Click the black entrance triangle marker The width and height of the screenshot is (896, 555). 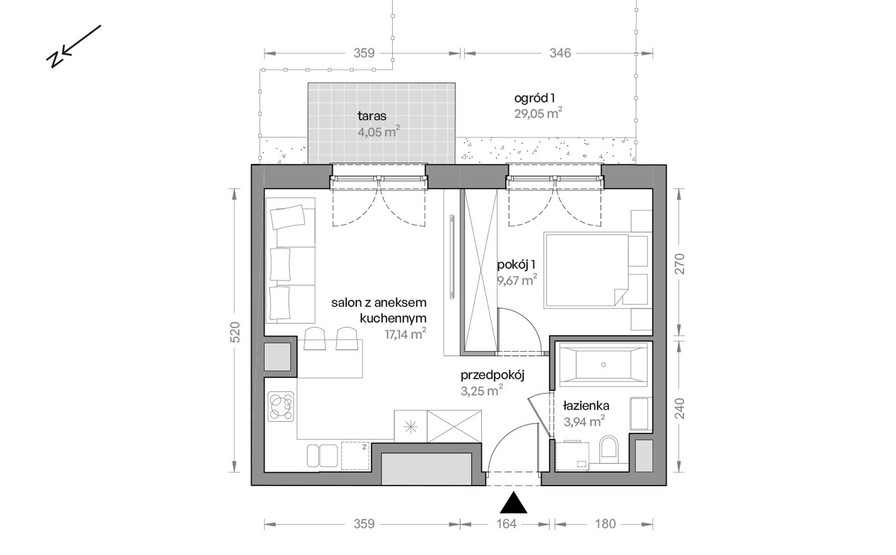pos(513,503)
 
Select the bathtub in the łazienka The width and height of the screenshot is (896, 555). pos(603,364)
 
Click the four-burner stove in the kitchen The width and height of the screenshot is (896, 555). pos(281,407)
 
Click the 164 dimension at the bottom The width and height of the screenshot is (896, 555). pos(506,524)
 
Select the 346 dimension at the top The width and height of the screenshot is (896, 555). pos(560,53)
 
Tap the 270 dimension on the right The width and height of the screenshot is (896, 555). pos(679,264)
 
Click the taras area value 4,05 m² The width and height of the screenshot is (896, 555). pos(379,132)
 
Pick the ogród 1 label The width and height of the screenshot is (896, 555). pos(534,98)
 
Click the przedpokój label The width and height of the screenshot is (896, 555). pos(492,375)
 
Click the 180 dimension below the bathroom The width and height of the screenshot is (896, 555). pos(605,524)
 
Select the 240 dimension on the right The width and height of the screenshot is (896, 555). pos(679,409)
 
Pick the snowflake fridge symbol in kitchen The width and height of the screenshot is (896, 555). pos(411,426)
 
